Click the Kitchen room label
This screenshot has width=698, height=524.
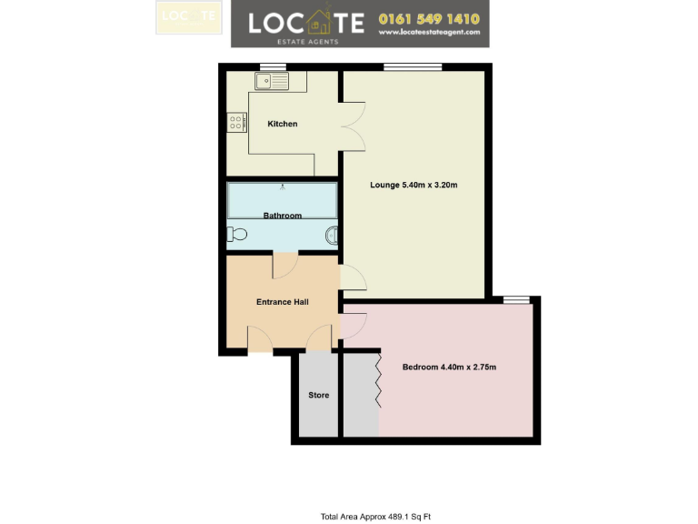(282, 124)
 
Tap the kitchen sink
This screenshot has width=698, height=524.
(271, 82)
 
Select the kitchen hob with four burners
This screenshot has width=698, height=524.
(237, 121)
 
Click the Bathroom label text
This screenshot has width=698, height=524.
(282, 216)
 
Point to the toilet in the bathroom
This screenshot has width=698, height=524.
(237, 235)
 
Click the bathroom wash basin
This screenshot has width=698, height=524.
(333, 237)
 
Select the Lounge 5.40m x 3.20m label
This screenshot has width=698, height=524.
(414, 186)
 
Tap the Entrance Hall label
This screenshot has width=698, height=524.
(282, 302)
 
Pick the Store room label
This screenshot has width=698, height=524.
(318, 395)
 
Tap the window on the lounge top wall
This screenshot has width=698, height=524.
(413, 66)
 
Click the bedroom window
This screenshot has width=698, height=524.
(517, 299)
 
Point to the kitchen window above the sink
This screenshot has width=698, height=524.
(272, 66)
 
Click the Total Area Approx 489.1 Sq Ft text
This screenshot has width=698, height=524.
(375, 517)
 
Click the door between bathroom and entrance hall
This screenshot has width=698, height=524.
(284, 265)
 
